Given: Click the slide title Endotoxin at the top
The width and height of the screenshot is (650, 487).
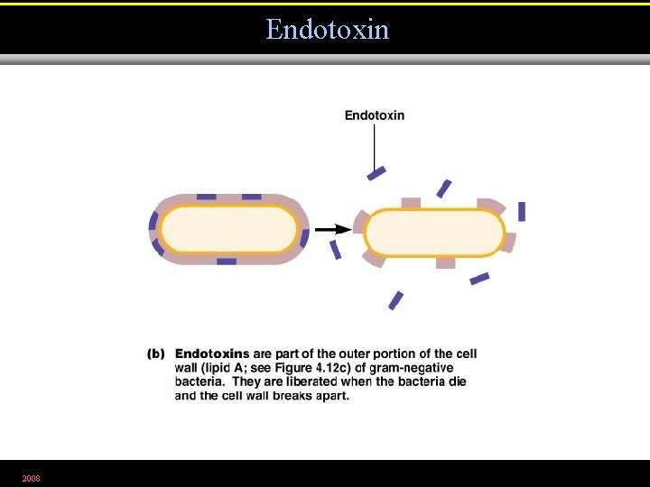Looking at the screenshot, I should [327, 30].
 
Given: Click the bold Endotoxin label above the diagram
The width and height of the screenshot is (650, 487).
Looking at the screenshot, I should [375, 115].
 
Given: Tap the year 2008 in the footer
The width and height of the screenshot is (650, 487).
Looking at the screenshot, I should [31, 477].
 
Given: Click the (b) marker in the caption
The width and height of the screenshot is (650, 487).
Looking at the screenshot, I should [156, 354].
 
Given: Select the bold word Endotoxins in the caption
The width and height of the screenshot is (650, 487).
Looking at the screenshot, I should [212, 354].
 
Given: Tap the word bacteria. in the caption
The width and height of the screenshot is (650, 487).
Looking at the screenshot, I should [200, 381].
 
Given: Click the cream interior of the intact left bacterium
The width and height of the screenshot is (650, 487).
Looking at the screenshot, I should [228, 230].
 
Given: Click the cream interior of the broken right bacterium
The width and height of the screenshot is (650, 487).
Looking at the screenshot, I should [434, 233].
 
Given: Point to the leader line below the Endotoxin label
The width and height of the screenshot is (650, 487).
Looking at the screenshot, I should [375, 144].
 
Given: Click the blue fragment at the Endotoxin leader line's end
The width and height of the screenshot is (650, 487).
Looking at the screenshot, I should [376, 172].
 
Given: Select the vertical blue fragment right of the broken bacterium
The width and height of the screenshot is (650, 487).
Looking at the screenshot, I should [522, 211].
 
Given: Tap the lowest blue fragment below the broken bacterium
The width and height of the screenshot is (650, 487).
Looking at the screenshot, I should [395, 300].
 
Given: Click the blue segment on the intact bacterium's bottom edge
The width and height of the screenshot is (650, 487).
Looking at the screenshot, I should [227, 262].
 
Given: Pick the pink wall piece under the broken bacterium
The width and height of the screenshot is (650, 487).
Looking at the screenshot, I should [445, 262].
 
